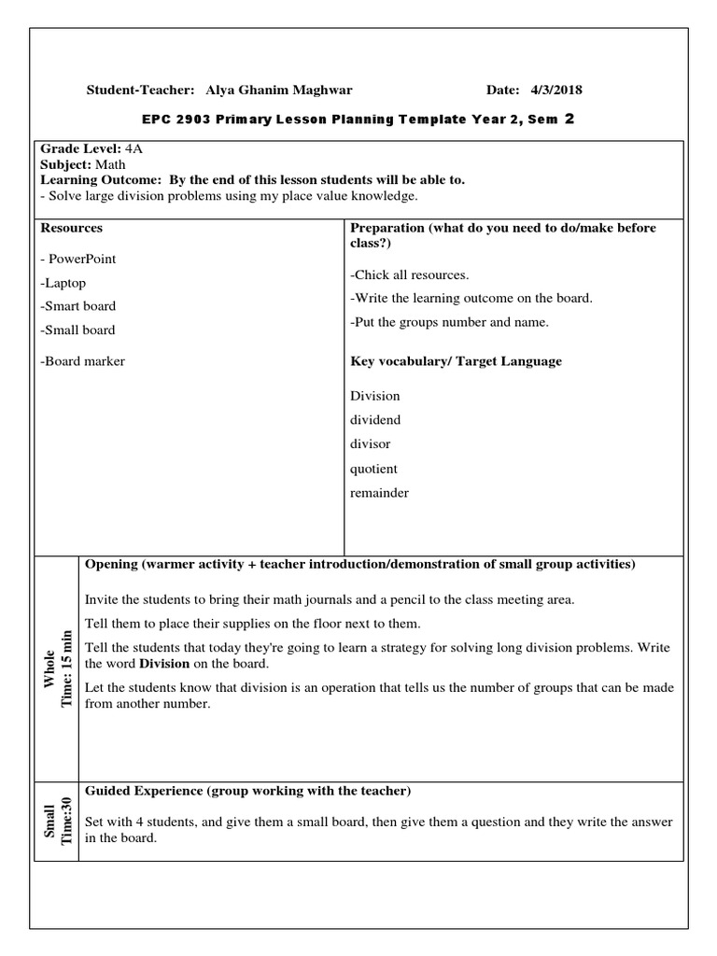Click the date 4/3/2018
[x=556, y=91]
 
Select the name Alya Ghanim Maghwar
[x=279, y=91]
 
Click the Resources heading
[x=71, y=228]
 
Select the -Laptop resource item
[x=63, y=282]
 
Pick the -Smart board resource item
[x=77, y=306]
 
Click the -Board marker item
[x=82, y=361]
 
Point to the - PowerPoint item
[x=78, y=259]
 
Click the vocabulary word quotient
[x=373, y=469]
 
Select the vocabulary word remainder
[x=379, y=493]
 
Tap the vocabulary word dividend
[x=375, y=420]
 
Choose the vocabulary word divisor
[x=370, y=444]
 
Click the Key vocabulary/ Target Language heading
[x=456, y=361]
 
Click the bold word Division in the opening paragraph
[x=164, y=664]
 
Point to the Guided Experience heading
[x=247, y=791]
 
